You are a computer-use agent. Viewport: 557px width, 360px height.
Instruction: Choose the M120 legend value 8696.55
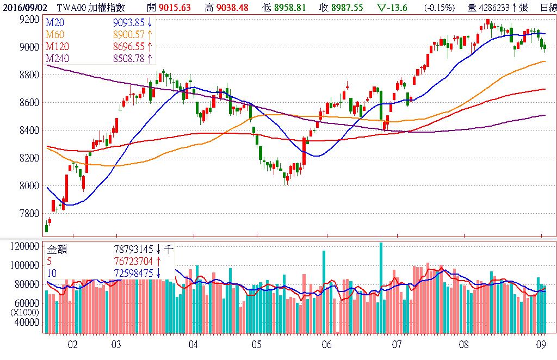(x=131, y=46)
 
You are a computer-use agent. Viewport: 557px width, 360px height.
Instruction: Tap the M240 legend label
(x=58, y=59)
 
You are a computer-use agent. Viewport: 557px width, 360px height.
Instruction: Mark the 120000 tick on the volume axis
(x=25, y=246)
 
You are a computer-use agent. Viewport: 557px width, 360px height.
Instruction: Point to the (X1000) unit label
(x=23, y=313)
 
